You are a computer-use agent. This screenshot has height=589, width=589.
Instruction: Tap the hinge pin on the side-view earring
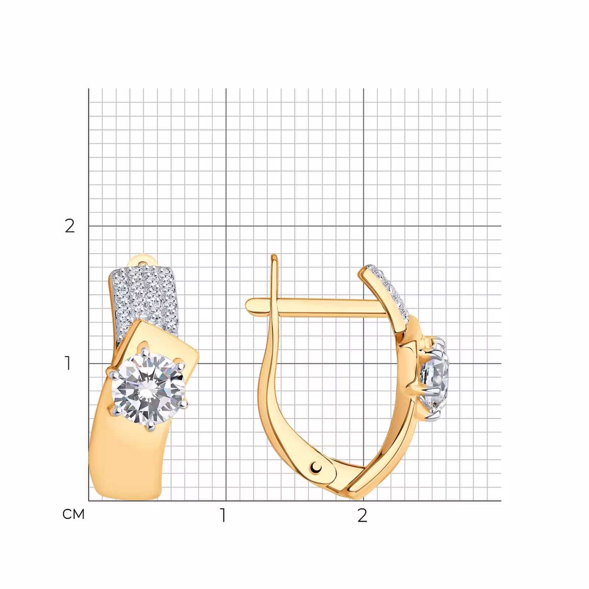[316, 467]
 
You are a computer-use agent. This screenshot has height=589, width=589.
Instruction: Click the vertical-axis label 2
[70, 226]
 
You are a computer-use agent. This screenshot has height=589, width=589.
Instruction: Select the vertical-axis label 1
[68, 363]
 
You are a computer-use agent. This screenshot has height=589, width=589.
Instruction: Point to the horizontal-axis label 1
[223, 515]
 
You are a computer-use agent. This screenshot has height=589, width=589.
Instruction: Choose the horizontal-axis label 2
[362, 515]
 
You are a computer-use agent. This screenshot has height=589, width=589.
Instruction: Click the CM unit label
[74, 514]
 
